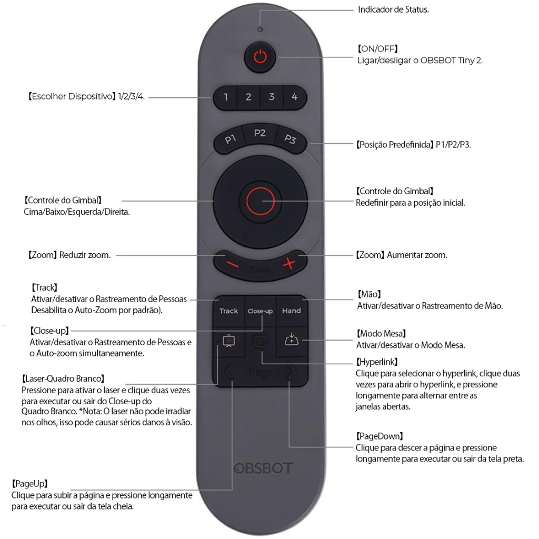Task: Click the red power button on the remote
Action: [x=261, y=56]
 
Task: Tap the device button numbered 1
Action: [x=225, y=97]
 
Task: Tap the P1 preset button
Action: [x=229, y=140]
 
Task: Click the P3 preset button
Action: [x=291, y=140]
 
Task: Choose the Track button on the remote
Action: [x=228, y=311]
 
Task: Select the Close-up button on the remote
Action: [x=260, y=311]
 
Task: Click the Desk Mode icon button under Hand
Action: [x=291, y=341]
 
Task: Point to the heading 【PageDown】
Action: [x=380, y=436]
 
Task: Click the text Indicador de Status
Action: [x=393, y=10]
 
